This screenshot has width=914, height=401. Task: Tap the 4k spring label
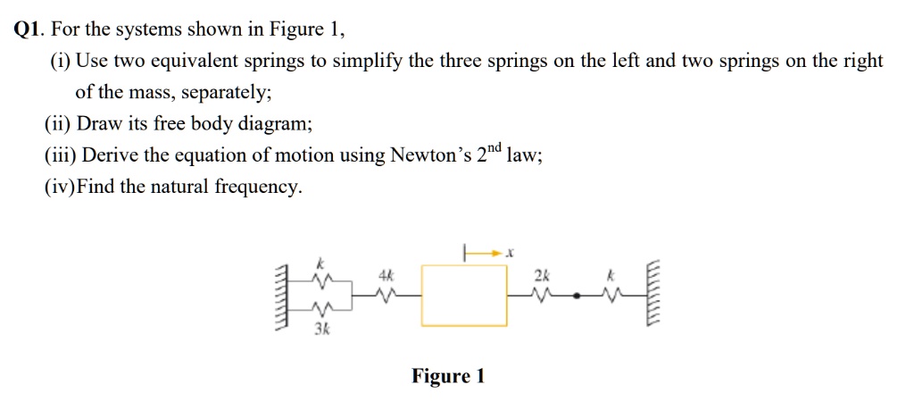(386, 276)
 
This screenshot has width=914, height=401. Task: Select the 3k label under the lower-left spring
(320, 330)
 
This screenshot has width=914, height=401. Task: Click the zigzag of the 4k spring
(386, 294)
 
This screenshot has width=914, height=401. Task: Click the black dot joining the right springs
(578, 294)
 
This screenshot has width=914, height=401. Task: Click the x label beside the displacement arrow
(509, 254)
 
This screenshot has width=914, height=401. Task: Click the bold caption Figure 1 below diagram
(448, 376)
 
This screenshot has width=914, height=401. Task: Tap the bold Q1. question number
(30, 29)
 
